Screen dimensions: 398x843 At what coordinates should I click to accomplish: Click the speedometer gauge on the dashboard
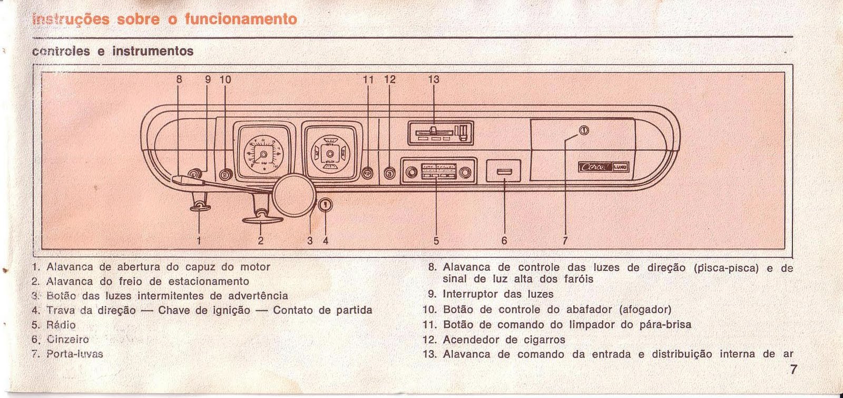(261, 153)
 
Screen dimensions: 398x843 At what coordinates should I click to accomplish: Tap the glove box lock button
(583, 131)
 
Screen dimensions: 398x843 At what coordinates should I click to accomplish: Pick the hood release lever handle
(200, 208)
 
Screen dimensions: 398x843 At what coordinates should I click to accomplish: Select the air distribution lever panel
(440, 132)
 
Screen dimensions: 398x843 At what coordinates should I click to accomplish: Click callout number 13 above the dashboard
(433, 80)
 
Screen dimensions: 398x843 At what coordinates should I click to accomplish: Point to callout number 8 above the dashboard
(179, 80)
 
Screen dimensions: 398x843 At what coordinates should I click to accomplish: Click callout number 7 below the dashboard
(565, 241)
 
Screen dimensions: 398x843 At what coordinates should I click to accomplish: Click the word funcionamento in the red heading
(241, 20)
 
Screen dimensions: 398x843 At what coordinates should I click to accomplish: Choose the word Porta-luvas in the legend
(74, 354)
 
